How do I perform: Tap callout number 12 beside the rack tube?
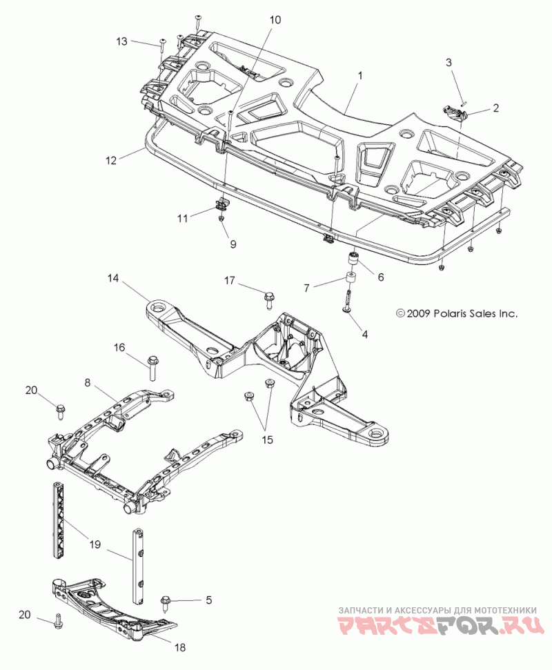pos(111,161)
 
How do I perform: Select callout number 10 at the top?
pos(275,19)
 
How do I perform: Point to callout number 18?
pos(180,647)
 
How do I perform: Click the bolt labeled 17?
pos(269,299)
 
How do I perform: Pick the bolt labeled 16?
pos(152,366)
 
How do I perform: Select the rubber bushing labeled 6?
pos(353,259)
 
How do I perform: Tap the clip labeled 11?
pos(221,204)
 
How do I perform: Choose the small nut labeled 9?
pos(221,219)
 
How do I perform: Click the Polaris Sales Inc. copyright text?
pos(457,314)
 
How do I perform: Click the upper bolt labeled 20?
pos(59,411)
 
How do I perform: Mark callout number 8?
pos(88,382)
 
